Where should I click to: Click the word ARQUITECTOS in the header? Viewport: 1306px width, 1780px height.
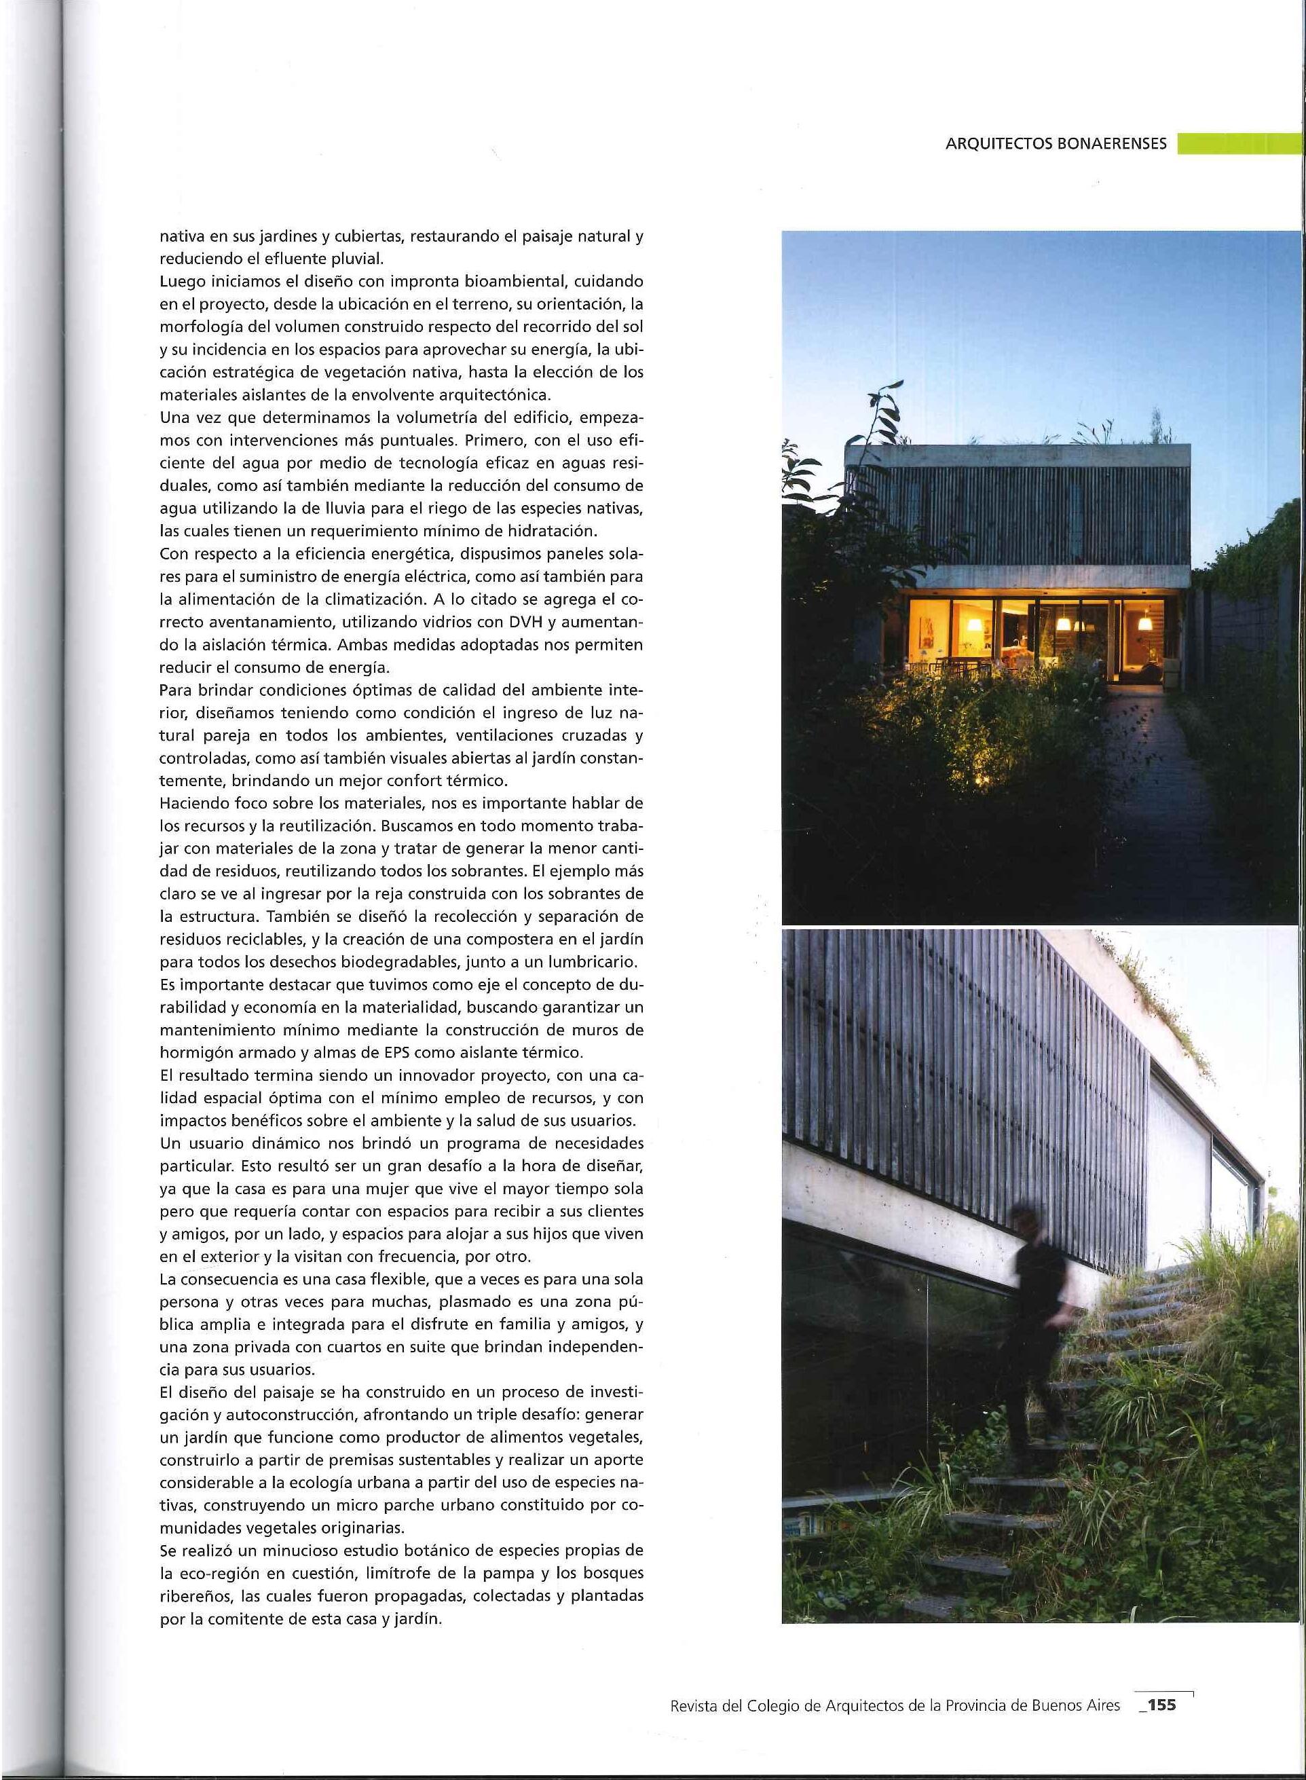(998, 144)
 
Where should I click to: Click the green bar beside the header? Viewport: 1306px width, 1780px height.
(1238, 144)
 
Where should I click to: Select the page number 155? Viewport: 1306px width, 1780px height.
(1162, 1699)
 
